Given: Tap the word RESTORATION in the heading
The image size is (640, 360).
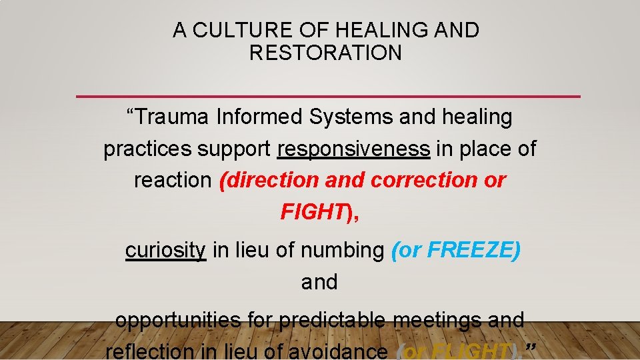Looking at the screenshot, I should [326, 53].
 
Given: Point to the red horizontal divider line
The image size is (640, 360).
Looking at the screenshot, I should [328, 97].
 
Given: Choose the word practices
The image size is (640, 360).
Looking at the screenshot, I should [147, 149].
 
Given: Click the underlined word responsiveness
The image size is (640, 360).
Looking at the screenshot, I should [353, 149].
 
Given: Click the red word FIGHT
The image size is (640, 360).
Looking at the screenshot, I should [311, 211].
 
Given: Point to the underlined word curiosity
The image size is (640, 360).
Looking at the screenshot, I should [165, 251].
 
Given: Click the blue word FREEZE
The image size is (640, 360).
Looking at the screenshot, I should [470, 251].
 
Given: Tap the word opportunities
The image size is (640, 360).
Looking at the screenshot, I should [178, 321].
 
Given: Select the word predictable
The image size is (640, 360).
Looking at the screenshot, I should [332, 321].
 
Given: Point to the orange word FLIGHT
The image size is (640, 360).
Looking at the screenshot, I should [471, 351].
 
